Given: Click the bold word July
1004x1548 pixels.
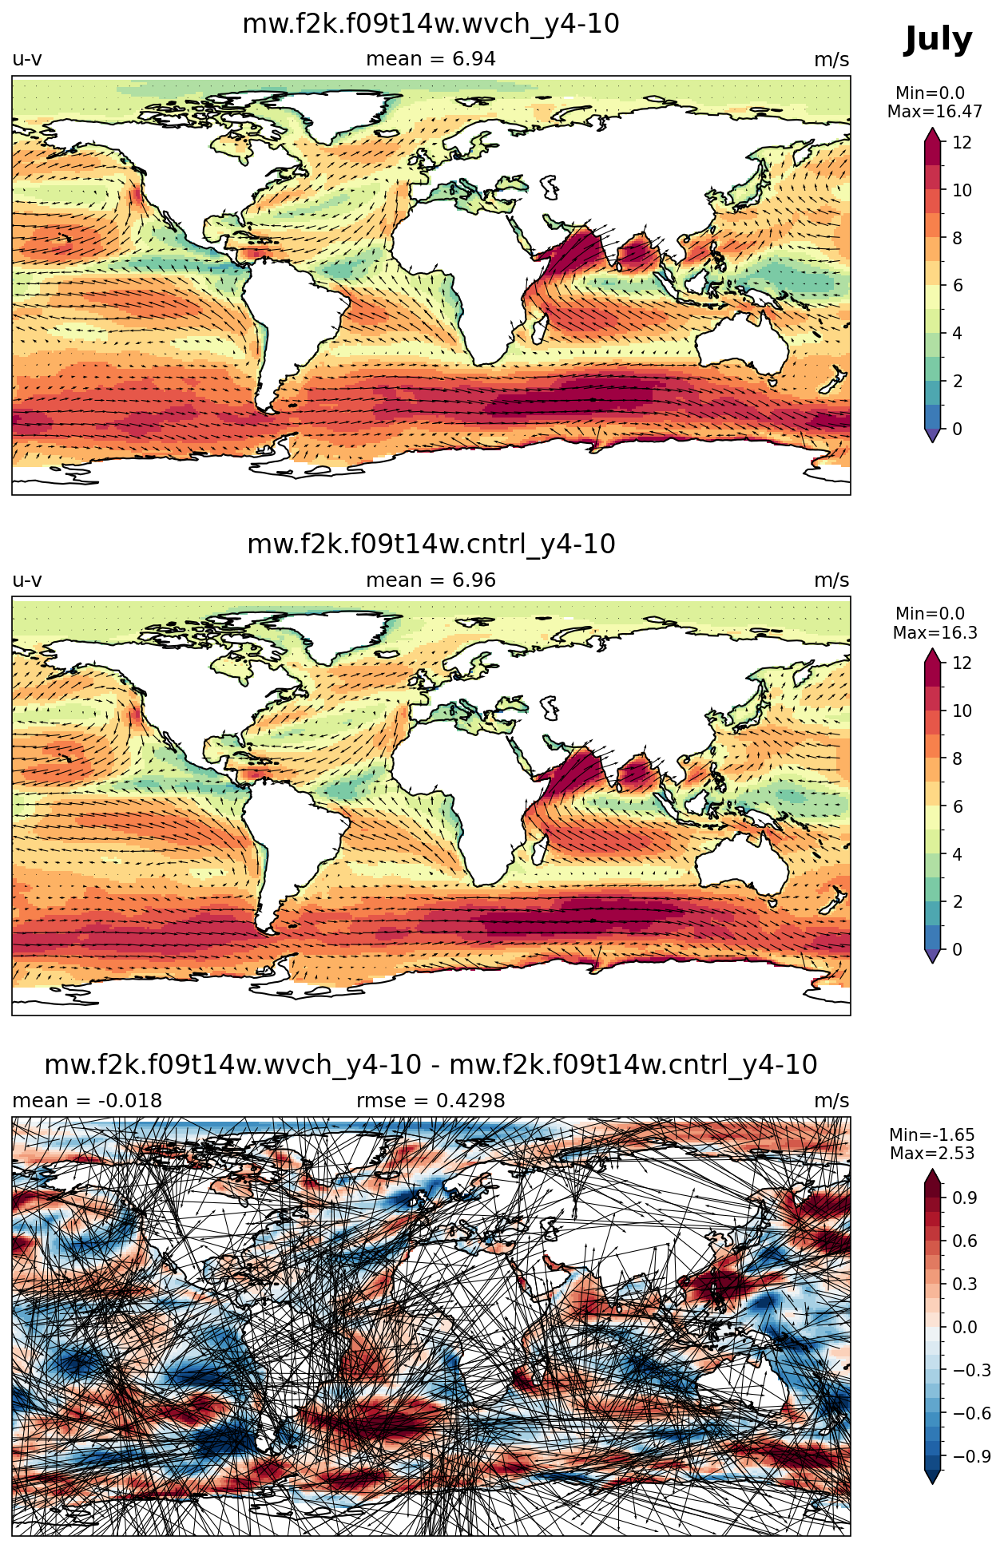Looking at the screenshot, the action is (938, 40).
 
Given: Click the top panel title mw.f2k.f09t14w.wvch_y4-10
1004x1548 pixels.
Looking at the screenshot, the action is (431, 24).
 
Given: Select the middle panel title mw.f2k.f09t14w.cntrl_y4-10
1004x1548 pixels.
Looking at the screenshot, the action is (431, 544).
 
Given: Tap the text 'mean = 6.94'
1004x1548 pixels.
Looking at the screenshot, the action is (431, 59).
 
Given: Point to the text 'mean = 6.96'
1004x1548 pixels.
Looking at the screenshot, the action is (431, 580).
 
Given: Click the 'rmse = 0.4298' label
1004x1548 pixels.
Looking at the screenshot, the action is (431, 1101).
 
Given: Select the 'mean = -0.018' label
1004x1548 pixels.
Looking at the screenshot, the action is (87, 1101).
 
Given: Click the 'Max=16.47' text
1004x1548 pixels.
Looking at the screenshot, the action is (935, 112).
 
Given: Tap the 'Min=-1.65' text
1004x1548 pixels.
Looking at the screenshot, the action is (932, 1134).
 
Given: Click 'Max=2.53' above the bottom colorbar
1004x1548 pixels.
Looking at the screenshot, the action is (932, 1154).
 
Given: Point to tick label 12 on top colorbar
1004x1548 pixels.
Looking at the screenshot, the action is (962, 143).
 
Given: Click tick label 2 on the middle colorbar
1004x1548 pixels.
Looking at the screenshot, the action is (957, 901).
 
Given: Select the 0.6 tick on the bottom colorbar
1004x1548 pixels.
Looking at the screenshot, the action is (965, 1241).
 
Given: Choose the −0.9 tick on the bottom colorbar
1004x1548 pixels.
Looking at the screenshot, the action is (971, 1456).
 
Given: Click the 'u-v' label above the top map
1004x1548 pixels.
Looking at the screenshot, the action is (27, 59).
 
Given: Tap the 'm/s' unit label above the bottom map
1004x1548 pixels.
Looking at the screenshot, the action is (831, 1101).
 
